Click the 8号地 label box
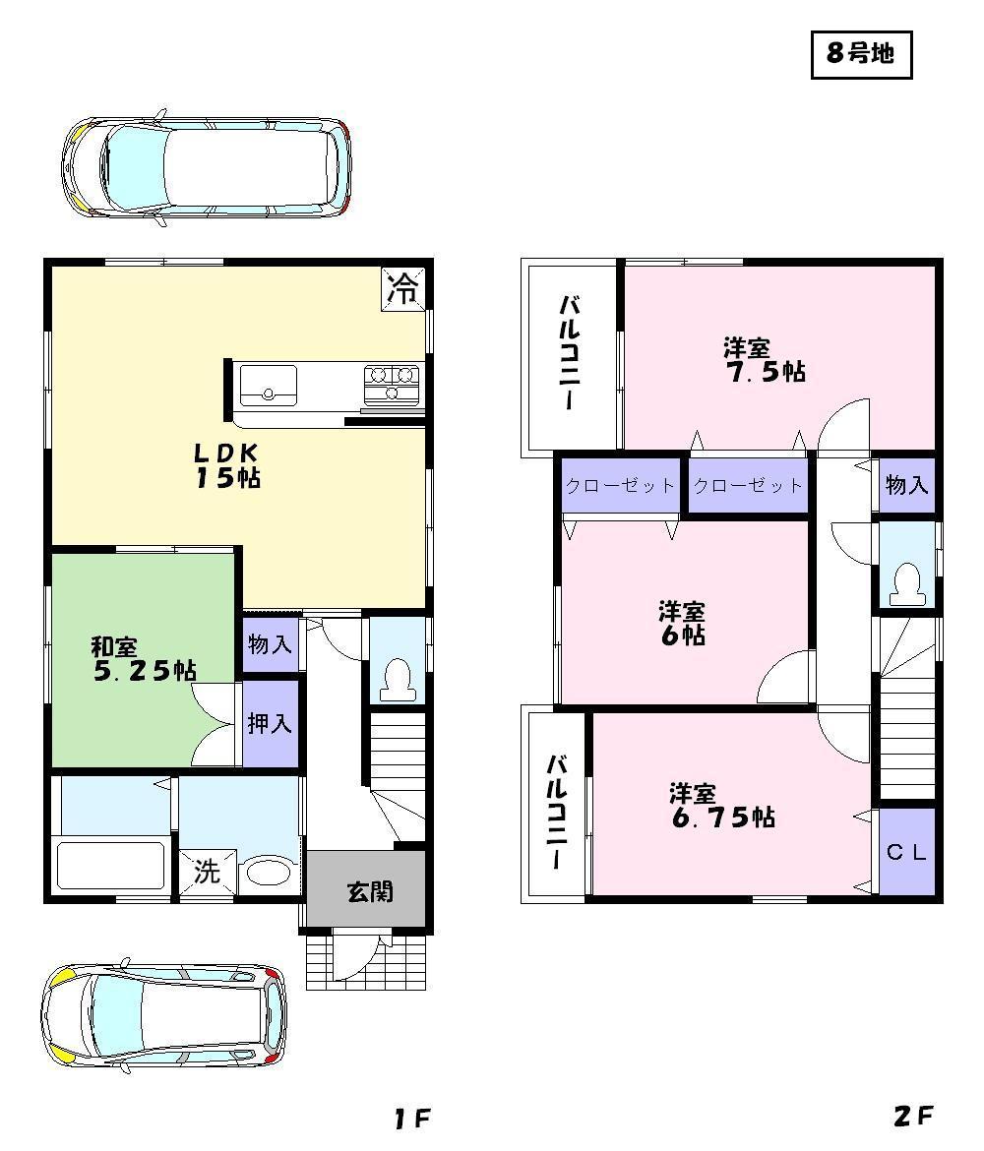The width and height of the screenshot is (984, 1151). click(861, 54)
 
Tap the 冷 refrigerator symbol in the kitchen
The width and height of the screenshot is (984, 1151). click(402, 287)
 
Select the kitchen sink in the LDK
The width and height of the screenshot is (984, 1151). click(269, 384)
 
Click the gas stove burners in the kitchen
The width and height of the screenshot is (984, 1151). click(392, 383)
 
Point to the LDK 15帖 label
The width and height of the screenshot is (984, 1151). click(225, 465)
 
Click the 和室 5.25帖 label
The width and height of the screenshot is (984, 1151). click(142, 659)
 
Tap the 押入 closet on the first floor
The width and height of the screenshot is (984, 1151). click(269, 723)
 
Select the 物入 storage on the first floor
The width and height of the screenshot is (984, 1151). click(269, 645)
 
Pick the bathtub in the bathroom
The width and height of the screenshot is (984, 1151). click(110, 865)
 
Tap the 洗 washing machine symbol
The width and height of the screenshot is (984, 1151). click(206, 872)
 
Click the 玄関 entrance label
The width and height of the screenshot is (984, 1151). click(369, 891)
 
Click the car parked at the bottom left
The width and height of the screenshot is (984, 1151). click(162, 1014)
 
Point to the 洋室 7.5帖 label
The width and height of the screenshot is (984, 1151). click(764, 360)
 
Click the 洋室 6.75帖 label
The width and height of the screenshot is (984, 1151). click(721, 805)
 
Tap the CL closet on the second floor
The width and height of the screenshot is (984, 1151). click(906, 852)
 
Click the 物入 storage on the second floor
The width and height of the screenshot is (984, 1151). click(905, 484)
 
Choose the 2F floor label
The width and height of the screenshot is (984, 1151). click(912, 1117)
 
